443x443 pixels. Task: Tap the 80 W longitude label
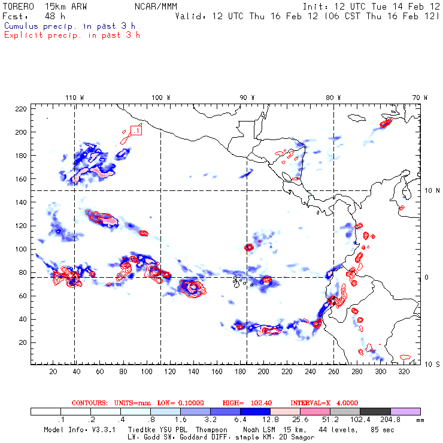(x=333, y=98)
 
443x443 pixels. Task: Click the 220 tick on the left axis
(x=21, y=108)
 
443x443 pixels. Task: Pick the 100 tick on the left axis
(x=21, y=249)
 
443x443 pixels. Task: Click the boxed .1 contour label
(x=136, y=130)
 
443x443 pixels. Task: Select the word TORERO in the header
(x=18, y=5)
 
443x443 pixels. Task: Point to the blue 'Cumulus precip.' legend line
(x=69, y=26)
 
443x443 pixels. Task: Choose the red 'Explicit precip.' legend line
(x=72, y=35)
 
